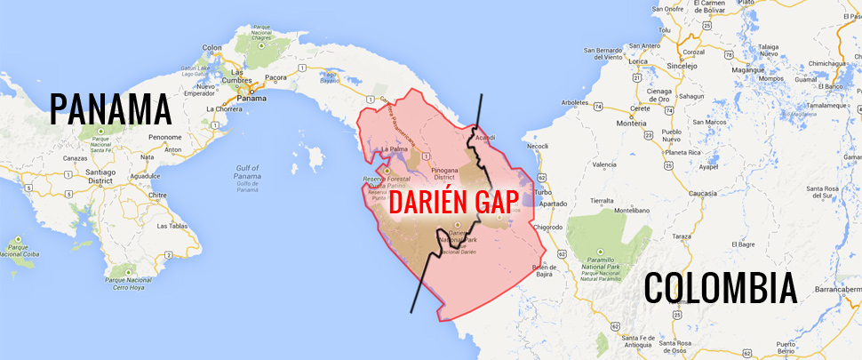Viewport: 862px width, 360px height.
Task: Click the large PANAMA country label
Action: coord(110,108)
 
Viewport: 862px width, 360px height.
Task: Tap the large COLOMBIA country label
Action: coord(720,290)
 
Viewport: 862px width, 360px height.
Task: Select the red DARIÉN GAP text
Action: coord(453,202)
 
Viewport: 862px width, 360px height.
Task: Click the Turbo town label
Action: coord(544,192)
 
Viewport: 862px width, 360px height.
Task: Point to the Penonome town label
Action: coord(165,137)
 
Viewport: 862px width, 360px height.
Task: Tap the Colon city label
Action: coord(212,47)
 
